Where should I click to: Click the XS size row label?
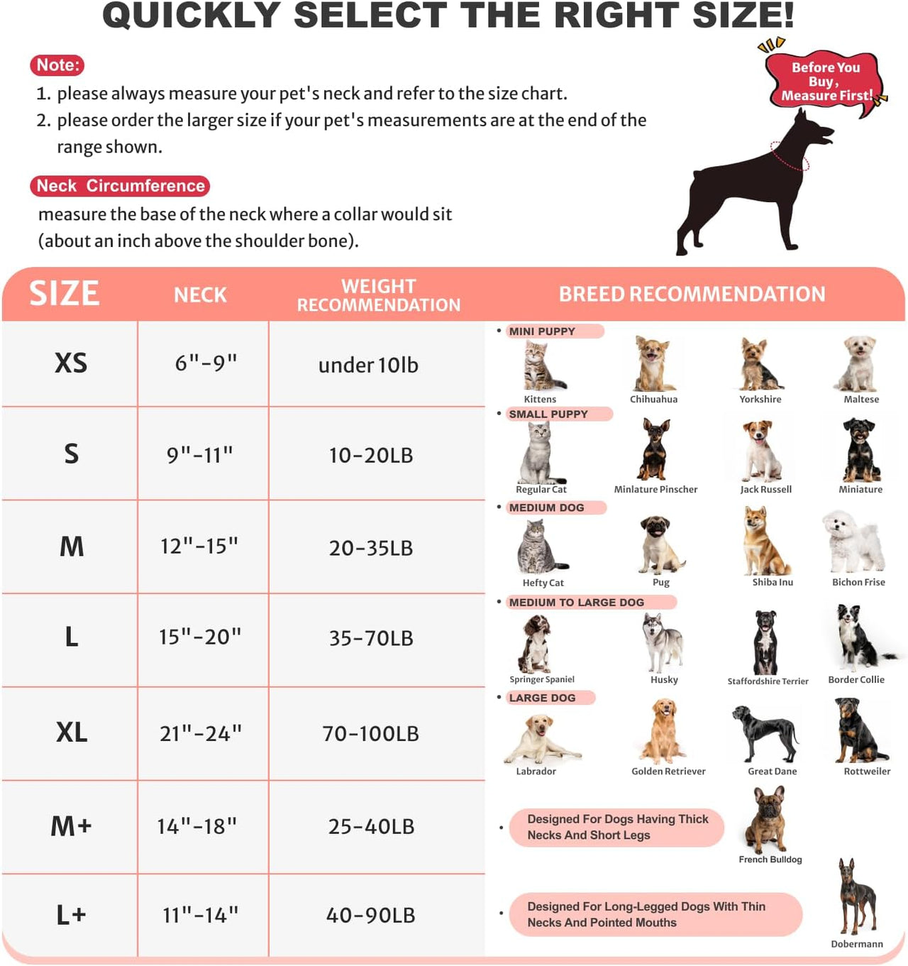point(71,363)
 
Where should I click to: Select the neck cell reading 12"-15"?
point(199,546)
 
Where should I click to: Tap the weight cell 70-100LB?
point(370,733)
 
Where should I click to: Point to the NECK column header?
point(200,295)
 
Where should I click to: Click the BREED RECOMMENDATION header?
point(692,294)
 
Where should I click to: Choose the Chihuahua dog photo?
point(653,363)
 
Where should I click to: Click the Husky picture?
point(663,642)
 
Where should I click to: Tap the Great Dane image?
point(766,733)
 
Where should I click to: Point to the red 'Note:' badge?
point(57,65)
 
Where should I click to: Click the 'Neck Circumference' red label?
point(120,186)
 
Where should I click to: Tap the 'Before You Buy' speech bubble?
point(825,82)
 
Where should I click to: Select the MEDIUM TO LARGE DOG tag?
point(576,602)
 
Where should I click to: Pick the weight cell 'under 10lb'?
point(368,365)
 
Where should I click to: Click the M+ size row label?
point(71,826)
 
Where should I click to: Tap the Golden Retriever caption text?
point(668,772)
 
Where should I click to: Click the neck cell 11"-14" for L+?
point(200,915)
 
